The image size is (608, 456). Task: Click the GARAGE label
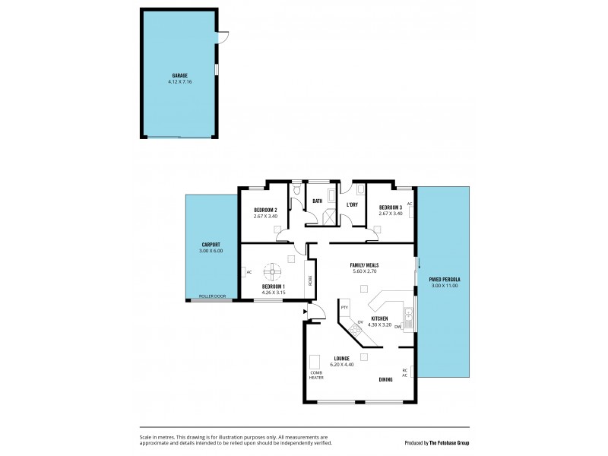coord(179,75)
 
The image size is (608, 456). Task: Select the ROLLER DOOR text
coord(212,296)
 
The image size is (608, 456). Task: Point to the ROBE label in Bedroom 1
coord(310,280)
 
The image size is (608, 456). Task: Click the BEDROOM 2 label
coord(265,210)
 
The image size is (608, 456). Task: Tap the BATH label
coord(318,201)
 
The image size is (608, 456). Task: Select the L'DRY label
coord(352,204)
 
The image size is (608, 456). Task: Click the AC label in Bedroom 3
coord(409,204)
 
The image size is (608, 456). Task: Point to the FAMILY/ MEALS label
coord(364,265)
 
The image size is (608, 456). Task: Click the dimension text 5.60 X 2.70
coord(364,271)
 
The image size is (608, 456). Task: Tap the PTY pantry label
coord(344,307)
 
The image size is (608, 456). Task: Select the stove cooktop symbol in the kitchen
coord(355,329)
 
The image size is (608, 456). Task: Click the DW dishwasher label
coord(397,326)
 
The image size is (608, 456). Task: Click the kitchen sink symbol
coord(408,315)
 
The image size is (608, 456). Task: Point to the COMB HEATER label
coord(315,375)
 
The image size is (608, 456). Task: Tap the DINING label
coord(385,379)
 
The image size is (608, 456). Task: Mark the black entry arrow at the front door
coord(306,311)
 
